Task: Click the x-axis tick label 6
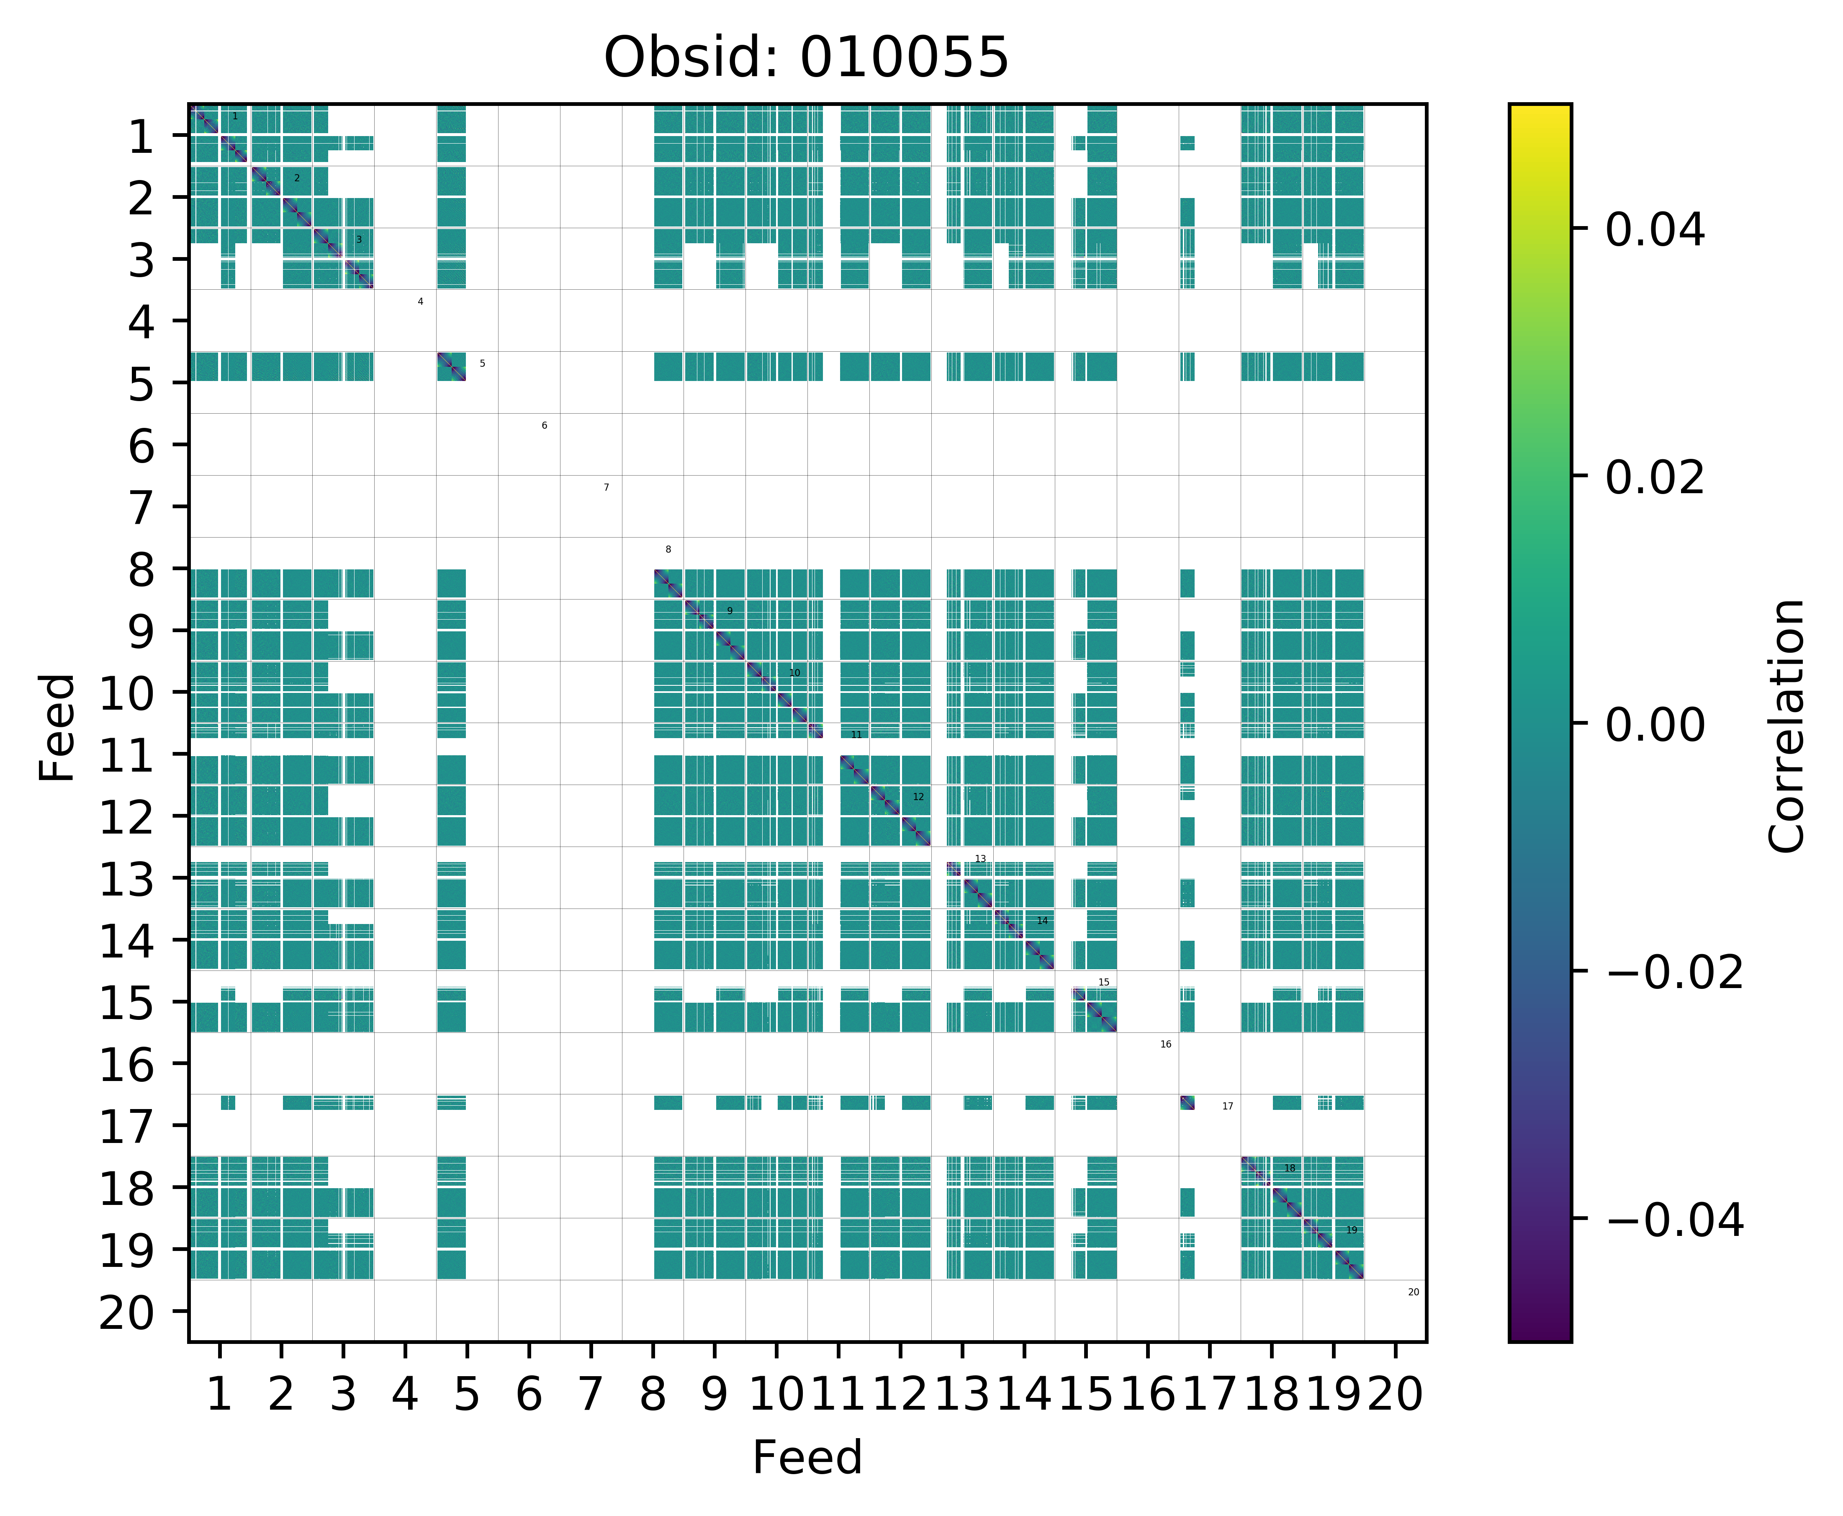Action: tap(528, 1395)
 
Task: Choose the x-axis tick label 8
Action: tap(652, 1395)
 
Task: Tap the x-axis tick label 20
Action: tap(1395, 1395)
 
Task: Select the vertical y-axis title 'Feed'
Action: tap(58, 726)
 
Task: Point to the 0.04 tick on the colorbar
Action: tap(1654, 231)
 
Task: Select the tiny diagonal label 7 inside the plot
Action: tap(606, 487)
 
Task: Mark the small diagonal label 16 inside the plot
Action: tap(1165, 1045)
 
